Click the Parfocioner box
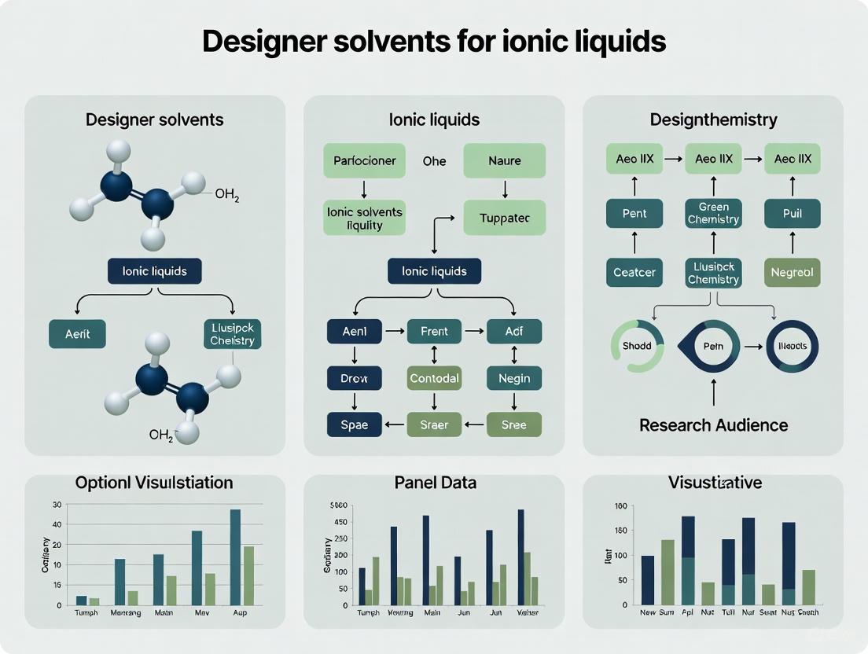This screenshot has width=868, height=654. pos(364,161)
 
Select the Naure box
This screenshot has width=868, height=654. pos(504,161)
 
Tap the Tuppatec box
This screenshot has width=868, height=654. pos(504,218)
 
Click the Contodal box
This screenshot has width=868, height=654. pos(434,378)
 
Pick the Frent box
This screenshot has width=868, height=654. pos(434,332)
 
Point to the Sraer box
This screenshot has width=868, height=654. pos(434,424)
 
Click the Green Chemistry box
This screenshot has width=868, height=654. pos(713,213)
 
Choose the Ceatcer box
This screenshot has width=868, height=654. pos(634,273)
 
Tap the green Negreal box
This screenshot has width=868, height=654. pos(792,273)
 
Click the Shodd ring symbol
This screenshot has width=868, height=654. pos(637,347)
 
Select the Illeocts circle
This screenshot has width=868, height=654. pos(792,347)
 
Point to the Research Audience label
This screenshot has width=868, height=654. pos(713,425)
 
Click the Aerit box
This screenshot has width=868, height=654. pos(77,333)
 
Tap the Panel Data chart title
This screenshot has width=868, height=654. pos(435,483)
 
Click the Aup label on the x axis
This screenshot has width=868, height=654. pos(241,612)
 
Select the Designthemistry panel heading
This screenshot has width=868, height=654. pos(713,119)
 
